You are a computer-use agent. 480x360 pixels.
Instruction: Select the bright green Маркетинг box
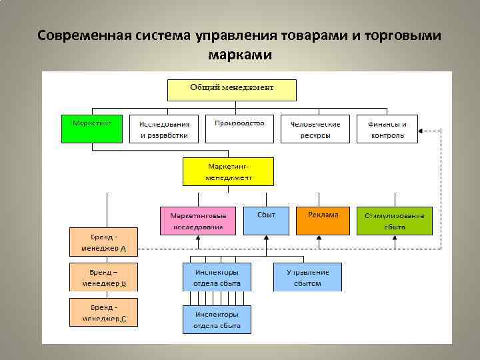coord(92,129)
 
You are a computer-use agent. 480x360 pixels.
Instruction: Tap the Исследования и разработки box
coord(163,129)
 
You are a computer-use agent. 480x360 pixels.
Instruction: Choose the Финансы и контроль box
coord(386,129)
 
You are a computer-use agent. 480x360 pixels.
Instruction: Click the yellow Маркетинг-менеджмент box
coord(228,171)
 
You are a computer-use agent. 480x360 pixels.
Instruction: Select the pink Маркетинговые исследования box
coord(198,221)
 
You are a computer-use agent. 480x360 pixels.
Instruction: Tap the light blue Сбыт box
coord(266,221)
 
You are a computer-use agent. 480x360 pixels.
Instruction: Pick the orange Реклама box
coord(323,221)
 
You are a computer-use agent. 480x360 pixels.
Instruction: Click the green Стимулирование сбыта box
coord(394,221)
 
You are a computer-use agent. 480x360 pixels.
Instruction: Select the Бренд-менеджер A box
coord(104,242)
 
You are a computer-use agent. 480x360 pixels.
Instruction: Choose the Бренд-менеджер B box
coord(104,277)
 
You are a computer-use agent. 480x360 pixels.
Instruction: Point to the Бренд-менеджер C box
coord(104,312)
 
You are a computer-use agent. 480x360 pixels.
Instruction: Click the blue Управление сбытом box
coord(307,277)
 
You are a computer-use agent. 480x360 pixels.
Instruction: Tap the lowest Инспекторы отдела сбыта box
coord(217,319)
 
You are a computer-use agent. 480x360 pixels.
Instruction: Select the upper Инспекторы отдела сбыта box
coord(217,277)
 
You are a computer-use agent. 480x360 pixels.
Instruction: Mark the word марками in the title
coord(240,54)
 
